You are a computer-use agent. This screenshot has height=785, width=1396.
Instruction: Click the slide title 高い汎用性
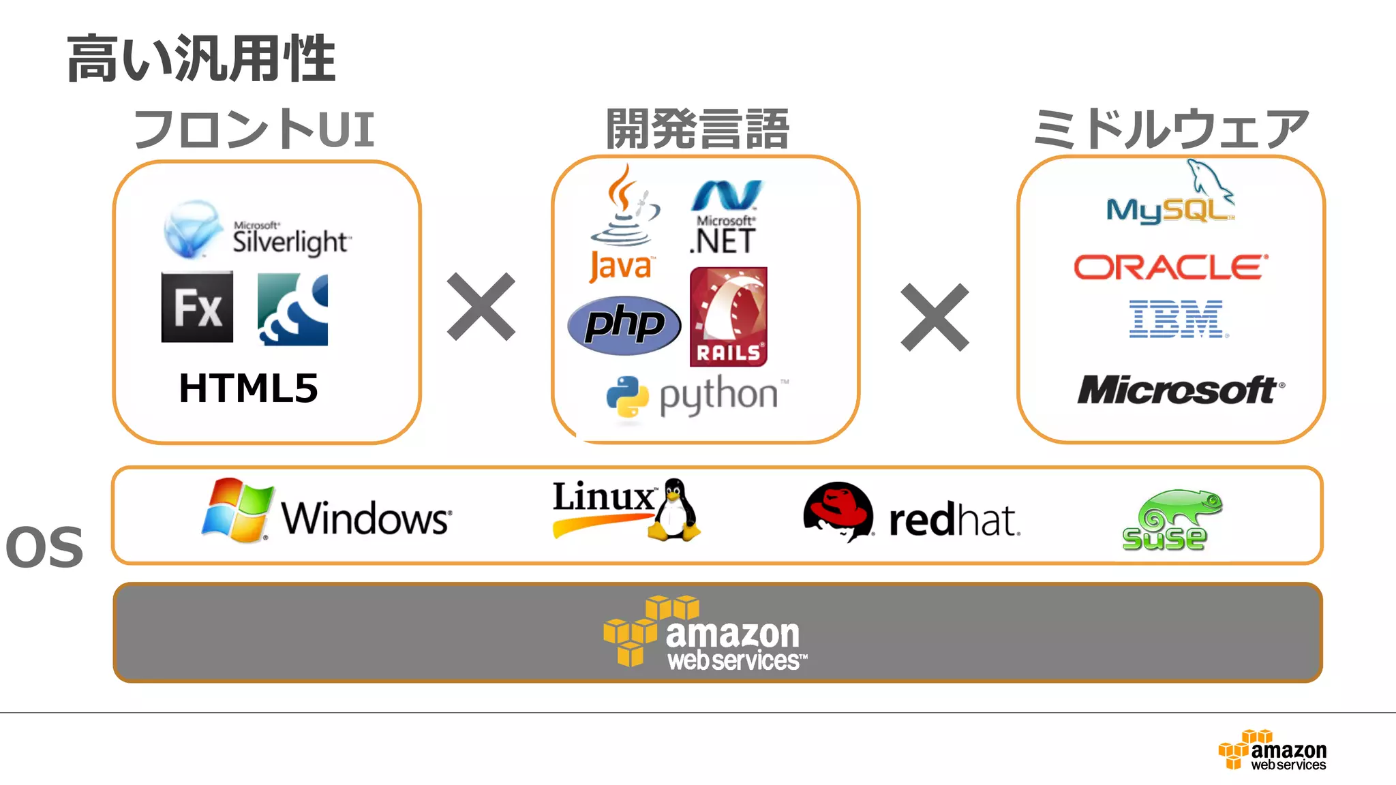tap(201, 59)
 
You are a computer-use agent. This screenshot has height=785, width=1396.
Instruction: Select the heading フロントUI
tap(254, 129)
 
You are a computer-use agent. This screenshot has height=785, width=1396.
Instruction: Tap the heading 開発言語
tap(697, 129)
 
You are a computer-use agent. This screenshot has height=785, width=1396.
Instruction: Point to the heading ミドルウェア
tap(1170, 129)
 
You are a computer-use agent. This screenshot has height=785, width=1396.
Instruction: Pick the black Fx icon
tap(197, 307)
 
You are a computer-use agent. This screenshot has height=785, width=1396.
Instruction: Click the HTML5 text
tap(249, 388)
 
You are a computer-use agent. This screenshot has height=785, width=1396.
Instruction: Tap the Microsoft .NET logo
tap(725, 217)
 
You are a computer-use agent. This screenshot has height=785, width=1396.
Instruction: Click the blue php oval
tap(624, 325)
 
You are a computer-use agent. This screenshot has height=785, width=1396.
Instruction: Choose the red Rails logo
tap(728, 316)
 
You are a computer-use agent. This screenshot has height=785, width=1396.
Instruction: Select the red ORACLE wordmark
tap(1170, 267)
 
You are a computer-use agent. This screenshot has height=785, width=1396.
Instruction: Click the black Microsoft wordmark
tap(1179, 390)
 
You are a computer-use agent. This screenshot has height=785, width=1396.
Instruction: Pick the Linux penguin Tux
tap(674, 511)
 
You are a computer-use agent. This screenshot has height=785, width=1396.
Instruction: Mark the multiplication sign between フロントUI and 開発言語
tap(481, 307)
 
